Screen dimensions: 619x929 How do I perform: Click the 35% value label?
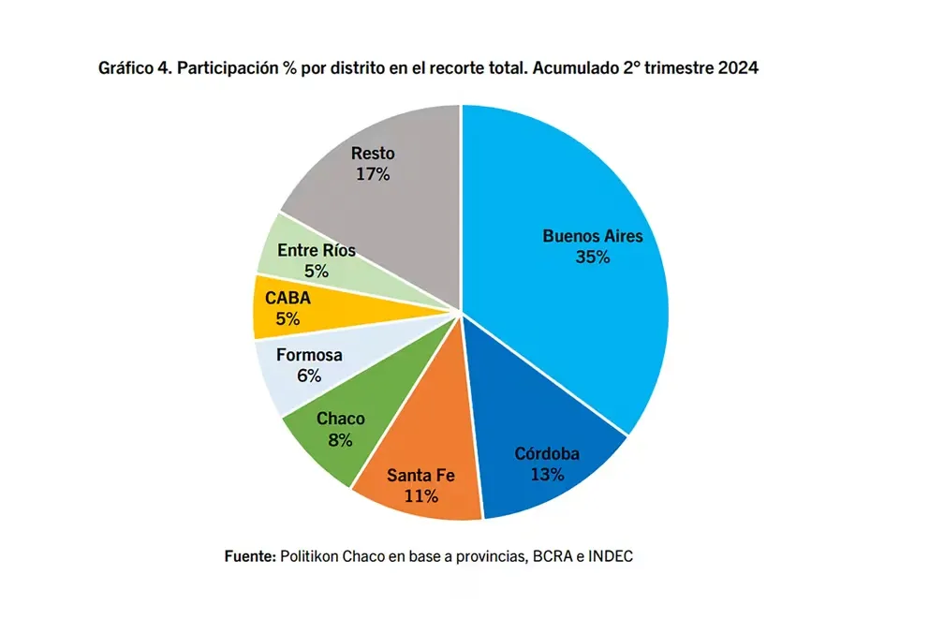[x=593, y=258]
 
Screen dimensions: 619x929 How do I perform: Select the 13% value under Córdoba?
[x=547, y=475]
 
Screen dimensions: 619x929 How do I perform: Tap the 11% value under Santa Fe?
[x=421, y=496]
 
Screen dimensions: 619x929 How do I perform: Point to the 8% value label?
[x=340, y=440]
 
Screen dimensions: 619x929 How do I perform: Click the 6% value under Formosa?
[x=309, y=376]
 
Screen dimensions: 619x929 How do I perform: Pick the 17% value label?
[x=373, y=174]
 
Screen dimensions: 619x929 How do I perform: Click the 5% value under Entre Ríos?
[x=316, y=272]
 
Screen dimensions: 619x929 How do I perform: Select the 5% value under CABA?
[x=288, y=319]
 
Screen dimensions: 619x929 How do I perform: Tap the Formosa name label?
[x=310, y=356]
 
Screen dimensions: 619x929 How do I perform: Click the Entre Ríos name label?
[x=316, y=250]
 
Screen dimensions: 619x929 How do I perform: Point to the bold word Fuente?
[x=249, y=555]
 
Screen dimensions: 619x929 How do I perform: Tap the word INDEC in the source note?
[x=611, y=555]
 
